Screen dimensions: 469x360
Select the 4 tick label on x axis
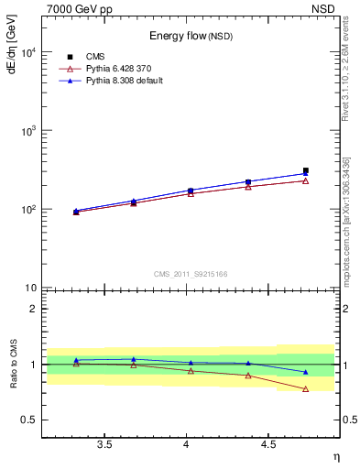point(187,445)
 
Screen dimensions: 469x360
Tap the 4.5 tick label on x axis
point(267,445)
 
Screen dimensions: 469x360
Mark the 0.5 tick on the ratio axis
point(29,420)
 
